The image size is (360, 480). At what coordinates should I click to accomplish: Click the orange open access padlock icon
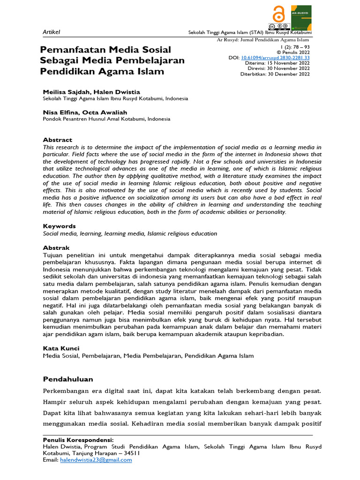click(279, 14)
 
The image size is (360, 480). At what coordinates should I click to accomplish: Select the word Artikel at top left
click(52, 31)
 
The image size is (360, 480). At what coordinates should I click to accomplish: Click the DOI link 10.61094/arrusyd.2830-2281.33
click(275, 58)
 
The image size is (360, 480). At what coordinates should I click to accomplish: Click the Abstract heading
click(58, 140)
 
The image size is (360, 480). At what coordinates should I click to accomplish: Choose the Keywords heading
click(59, 226)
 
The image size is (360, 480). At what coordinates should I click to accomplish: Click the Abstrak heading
click(56, 247)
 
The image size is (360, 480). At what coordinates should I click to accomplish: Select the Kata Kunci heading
click(61, 348)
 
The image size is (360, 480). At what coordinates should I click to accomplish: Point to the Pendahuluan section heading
click(68, 379)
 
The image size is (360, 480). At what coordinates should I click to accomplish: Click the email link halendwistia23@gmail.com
click(96, 460)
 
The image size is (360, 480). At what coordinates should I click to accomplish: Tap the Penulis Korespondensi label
click(78, 440)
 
